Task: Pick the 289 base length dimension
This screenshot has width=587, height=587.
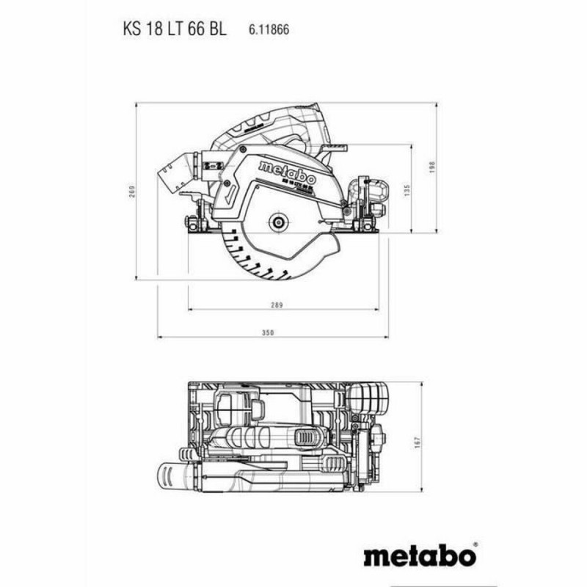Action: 277,303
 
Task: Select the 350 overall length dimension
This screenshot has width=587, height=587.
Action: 267,332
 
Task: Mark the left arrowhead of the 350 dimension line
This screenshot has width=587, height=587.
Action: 160,338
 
